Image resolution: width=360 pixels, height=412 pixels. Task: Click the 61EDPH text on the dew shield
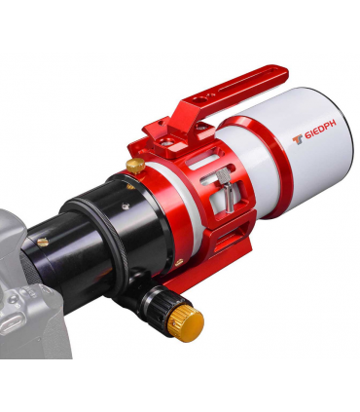[x=321, y=130]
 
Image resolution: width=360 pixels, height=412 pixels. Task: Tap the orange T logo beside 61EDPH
[x=298, y=139]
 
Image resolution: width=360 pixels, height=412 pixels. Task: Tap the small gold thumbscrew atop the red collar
[x=135, y=166]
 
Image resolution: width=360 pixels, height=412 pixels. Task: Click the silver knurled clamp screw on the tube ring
[x=226, y=189]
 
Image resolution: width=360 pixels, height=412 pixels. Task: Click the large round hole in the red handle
[x=197, y=100]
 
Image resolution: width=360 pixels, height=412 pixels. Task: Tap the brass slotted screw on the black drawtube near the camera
[x=43, y=242]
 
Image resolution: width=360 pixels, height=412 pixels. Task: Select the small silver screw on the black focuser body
[x=126, y=205]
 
